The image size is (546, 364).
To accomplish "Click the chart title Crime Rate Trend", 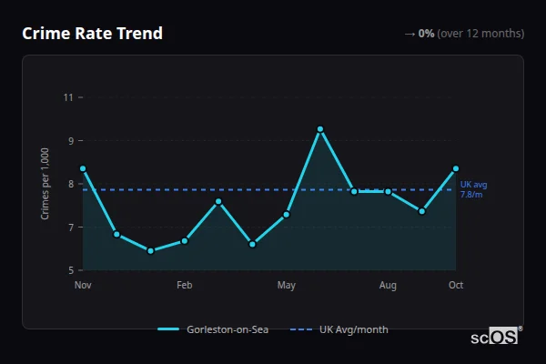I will tap(92, 34).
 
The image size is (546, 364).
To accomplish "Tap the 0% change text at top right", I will tap(426, 34).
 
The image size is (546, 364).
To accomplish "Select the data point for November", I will tap(83, 168).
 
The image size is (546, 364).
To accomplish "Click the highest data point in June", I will tap(320, 129).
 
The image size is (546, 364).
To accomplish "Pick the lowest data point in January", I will tap(150, 251).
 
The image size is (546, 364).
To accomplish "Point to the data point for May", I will tap(287, 215).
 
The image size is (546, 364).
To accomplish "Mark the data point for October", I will tap(456, 168).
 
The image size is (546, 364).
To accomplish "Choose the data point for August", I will tap(388, 191).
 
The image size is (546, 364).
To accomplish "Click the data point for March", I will tap(218, 201).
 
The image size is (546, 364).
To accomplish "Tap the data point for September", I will tap(422, 211).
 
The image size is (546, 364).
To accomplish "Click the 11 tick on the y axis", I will tap(67, 96).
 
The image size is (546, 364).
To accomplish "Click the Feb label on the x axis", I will tap(185, 286).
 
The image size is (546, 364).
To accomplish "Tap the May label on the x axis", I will tap(287, 286).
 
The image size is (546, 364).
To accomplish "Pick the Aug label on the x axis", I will tap(388, 286).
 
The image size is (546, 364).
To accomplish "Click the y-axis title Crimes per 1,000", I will tap(45, 184).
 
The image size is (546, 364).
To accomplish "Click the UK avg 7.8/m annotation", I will tap(471, 189).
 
